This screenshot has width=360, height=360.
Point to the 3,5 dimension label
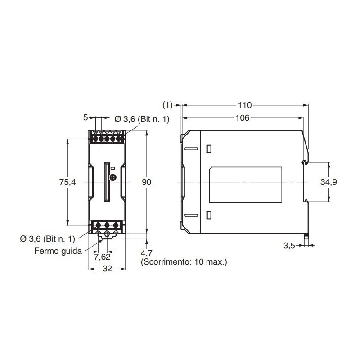(x=289, y=246)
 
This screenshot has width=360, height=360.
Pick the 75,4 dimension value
(x=66, y=182)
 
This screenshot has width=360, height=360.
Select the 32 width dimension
(x=107, y=269)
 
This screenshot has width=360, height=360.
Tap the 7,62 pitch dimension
(x=102, y=257)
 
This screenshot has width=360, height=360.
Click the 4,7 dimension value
(x=147, y=252)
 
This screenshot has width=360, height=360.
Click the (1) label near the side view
(x=167, y=105)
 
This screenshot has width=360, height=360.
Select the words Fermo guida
(x=58, y=251)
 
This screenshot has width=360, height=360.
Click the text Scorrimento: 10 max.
(x=184, y=261)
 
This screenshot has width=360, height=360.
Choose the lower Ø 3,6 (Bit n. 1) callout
(x=47, y=238)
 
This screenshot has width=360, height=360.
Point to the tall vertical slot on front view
(x=107, y=182)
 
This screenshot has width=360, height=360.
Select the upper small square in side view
(x=208, y=148)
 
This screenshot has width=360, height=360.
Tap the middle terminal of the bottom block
(x=107, y=225)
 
